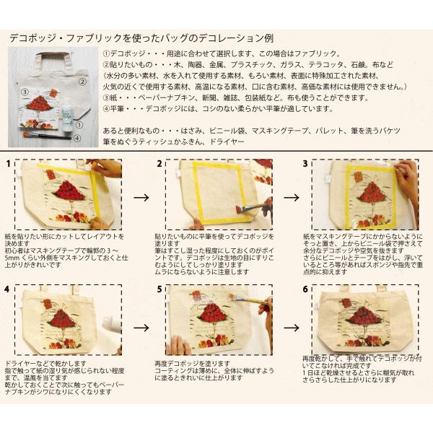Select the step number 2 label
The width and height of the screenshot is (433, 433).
pyautogui.click(x=159, y=165)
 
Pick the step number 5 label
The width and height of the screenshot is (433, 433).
pyautogui.click(x=159, y=289)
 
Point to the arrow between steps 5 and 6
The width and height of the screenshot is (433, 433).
pyautogui.click(x=292, y=325)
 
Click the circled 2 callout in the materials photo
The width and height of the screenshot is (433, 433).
pyautogui.click(x=83, y=82)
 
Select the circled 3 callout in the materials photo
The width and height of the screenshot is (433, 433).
pyautogui.click(x=25, y=92)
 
